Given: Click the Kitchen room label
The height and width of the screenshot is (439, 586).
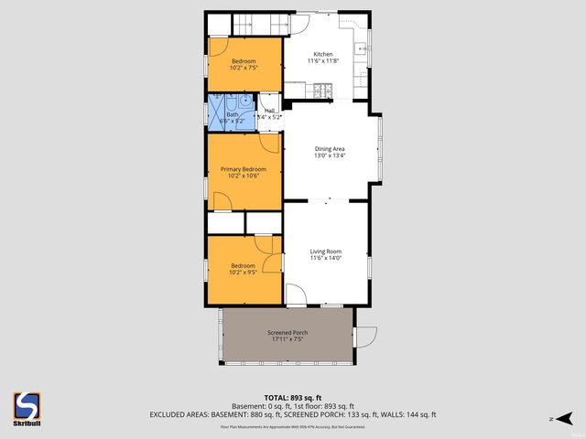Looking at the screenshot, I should click(x=323, y=55).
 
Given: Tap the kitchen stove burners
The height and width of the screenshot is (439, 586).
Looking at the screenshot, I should click(x=321, y=90).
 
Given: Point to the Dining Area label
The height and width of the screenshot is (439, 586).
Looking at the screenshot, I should click(x=329, y=149).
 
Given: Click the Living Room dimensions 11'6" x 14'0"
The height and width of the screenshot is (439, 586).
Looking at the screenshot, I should click(x=325, y=258).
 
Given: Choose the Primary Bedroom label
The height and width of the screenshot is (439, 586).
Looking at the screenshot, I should click(x=243, y=169).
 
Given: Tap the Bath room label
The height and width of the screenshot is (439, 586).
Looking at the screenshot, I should click(x=232, y=114).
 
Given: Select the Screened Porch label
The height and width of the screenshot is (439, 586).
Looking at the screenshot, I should click(x=287, y=332).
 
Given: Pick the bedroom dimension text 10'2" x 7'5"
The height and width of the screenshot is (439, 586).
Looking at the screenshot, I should click(x=243, y=67).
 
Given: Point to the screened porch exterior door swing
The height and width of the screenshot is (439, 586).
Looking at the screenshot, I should click(x=365, y=336).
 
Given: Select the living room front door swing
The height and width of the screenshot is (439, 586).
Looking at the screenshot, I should click(x=298, y=295).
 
